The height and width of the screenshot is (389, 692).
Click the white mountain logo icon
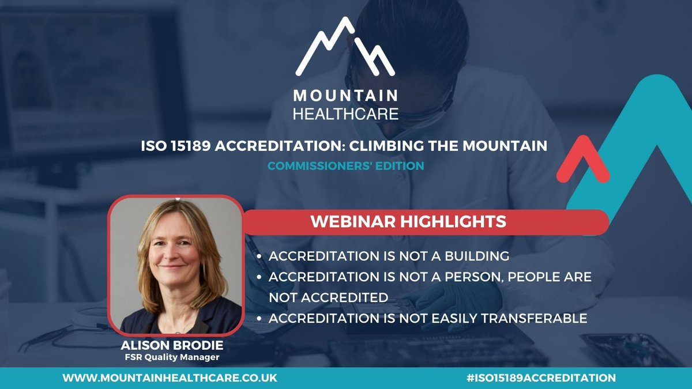point(345,49)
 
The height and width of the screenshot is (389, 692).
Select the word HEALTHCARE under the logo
point(345,112)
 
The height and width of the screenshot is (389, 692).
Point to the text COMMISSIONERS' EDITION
point(345,165)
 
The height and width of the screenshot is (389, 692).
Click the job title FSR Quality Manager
point(174,358)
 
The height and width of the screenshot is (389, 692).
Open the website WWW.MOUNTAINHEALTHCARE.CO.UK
point(170,378)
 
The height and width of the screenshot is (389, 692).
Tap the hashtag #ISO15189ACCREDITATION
point(539,378)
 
